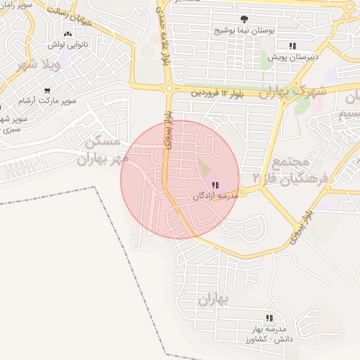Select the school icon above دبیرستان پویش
[292, 46]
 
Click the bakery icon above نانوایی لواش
[67, 34]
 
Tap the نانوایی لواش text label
[66, 45]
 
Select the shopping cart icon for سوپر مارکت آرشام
[47, 91]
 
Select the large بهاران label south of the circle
[214, 300]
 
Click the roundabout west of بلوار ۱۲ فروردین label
[169, 89]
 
